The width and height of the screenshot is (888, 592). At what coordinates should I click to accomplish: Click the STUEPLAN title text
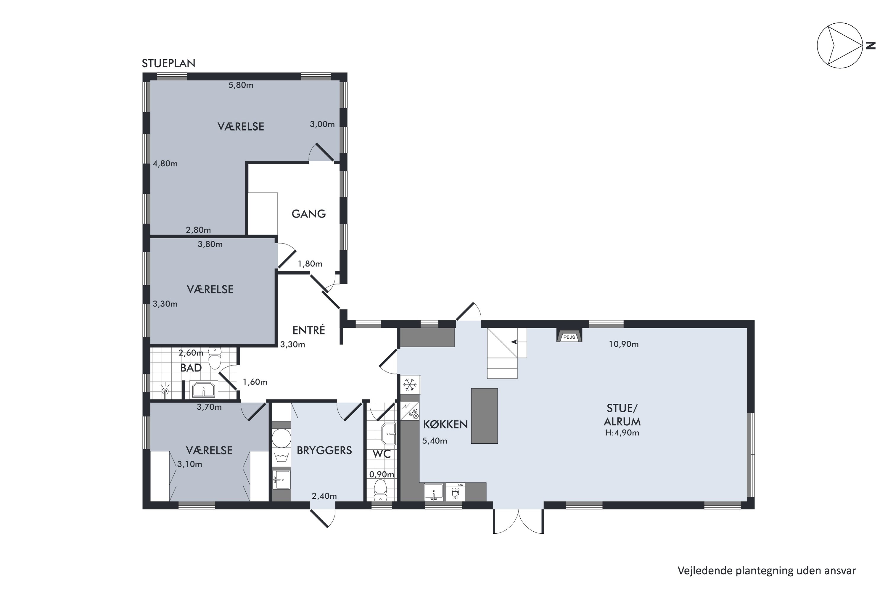point(168,63)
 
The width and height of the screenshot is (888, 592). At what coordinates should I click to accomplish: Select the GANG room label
point(308,214)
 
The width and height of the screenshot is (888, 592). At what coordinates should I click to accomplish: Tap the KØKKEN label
point(445,424)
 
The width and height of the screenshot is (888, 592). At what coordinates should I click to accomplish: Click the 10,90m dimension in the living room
point(624,344)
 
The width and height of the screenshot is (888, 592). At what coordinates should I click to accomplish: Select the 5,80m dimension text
point(241,85)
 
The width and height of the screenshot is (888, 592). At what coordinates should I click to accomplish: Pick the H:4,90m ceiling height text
point(622,433)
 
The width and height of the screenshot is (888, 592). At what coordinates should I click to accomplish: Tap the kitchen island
point(484,416)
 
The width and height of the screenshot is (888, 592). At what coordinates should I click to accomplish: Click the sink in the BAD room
point(204,390)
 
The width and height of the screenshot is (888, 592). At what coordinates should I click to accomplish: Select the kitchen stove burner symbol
point(410,411)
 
